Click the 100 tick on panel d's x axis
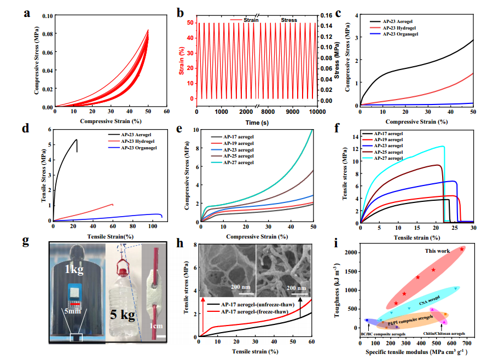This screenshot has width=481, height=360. click(x=153, y=225)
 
